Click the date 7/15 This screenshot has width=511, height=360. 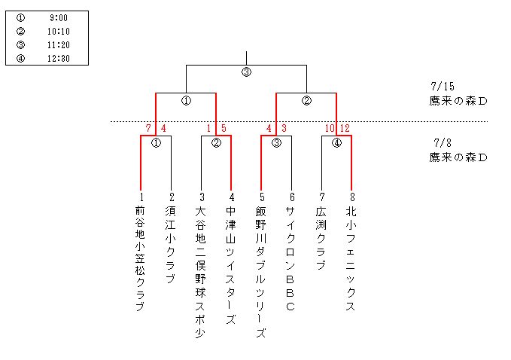click(x=443, y=87)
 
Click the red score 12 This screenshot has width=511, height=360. click(x=345, y=128)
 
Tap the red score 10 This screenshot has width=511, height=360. click(x=329, y=128)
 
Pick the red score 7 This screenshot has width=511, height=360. click(x=149, y=128)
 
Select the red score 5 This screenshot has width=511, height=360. click(x=224, y=128)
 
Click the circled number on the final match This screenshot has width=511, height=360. click(x=246, y=72)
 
